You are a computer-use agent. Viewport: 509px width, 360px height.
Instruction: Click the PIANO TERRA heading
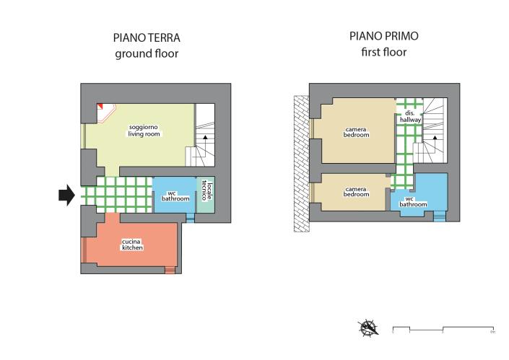pyautogui.click(x=147, y=38)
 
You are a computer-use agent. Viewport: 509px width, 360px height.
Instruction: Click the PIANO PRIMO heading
pyautogui.click(x=383, y=36)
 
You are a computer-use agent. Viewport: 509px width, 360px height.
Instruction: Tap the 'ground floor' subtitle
pyautogui.click(x=147, y=53)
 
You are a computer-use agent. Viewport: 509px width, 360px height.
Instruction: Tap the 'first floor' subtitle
pyautogui.click(x=383, y=52)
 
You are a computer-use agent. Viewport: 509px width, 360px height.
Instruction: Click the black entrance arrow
pyautogui.click(x=66, y=195)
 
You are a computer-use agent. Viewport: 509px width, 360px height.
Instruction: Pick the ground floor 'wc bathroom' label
pyautogui.click(x=173, y=196)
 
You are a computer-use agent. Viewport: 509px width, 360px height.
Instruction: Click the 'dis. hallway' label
pyautogui.click(x=409, y=117)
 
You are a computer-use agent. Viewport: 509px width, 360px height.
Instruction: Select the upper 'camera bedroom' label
pyautogui.click(x=356, y=132)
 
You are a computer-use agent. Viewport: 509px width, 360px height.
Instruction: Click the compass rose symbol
pyautogui.click(x=369, y=328)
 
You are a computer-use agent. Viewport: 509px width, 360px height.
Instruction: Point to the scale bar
pyautogui.click(x=443, y=330)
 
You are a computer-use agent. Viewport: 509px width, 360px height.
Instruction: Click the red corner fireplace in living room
pyautogui.click(x=103, y=107)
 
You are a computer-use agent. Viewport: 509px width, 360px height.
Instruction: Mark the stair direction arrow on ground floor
pyautogui.click(x=205, y=137)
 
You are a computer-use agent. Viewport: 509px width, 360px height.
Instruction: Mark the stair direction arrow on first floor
pyautogui.click(x=435, y=143)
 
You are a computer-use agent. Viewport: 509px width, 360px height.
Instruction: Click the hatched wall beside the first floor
pyautogui.click(x=300, y=165)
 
